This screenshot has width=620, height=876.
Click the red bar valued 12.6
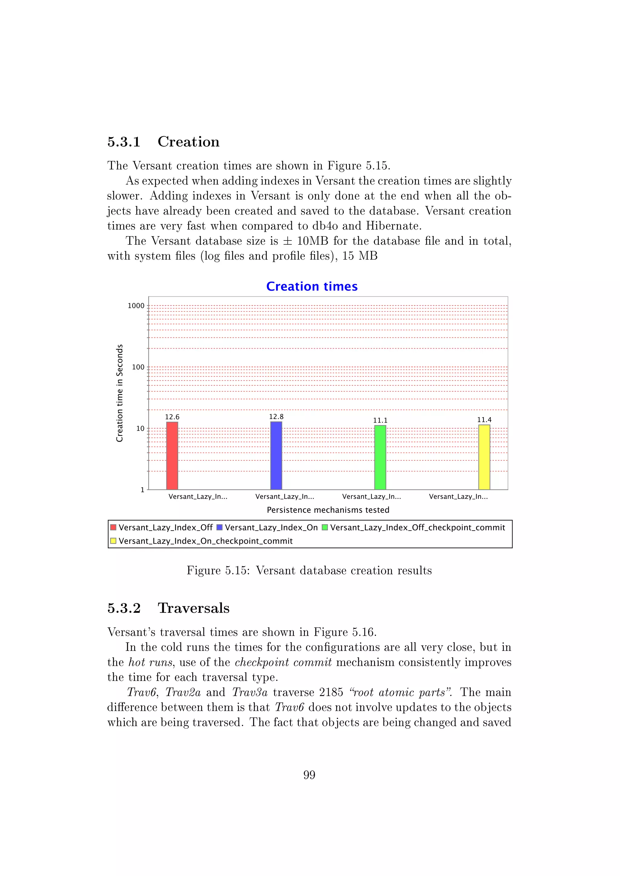(x=172, y=456)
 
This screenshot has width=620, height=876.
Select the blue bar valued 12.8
(x=276, y=456)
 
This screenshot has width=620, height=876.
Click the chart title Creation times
(x=312, y=286)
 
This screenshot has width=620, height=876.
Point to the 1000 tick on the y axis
(x=136, y=306)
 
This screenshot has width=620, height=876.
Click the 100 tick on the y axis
(x=138, y=367)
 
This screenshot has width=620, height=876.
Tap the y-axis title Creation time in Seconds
(x=120, y=393)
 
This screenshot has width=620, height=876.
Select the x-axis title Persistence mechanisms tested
(x=328, y=510)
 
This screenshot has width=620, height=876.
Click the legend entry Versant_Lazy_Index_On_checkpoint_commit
(x=205, y=541)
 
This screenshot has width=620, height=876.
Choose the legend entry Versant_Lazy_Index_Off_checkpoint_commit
(x=417, y=527)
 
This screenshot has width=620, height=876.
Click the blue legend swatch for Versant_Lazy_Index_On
(x=219, y=527)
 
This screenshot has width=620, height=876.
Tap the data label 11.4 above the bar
(x=484, y=420)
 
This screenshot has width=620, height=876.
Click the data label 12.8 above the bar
(x=276, y=417)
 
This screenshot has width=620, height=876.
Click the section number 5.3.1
(x=124, y=142)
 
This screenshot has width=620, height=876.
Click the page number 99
(x=309, y=775)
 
